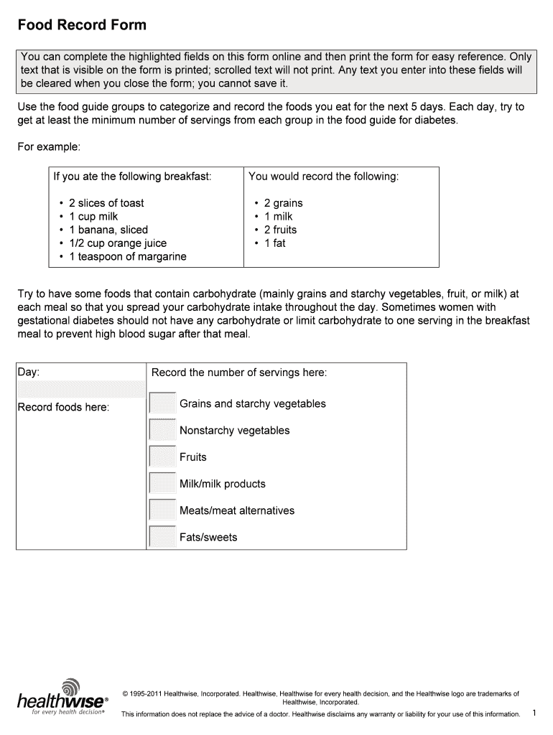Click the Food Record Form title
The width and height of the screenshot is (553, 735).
point(82,25)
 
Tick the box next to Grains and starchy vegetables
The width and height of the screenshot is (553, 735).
point(162,403)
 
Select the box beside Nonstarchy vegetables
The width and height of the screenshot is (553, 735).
point(162,430)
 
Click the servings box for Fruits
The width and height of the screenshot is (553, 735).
point(162,457)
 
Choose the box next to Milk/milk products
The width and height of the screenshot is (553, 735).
point(162,483)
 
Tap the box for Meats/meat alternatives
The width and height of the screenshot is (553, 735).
point(162,510)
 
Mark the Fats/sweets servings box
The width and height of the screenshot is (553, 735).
point(162,537)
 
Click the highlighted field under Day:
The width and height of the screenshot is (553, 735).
point(81,388)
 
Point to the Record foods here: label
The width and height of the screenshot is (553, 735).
point(63,408)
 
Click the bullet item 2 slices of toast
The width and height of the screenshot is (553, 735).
point(106,203)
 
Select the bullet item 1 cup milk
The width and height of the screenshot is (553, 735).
point(93,217)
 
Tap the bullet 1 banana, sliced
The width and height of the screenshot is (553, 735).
point(108,230)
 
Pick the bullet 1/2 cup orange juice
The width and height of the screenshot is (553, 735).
point(118,243)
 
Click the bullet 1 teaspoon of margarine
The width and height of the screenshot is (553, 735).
point(127,256)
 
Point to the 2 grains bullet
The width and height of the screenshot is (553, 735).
point(283,203)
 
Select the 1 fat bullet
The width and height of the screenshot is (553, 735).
point(274,243)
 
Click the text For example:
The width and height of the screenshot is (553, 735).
point(49,146)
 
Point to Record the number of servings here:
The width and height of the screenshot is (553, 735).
point(239,373)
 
